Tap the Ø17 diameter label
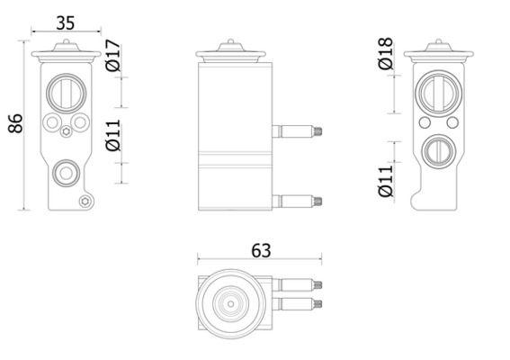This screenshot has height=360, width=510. click(x=113, y=56)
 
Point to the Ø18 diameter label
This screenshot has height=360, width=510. click(x=386, y=56)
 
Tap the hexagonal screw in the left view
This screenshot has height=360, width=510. click(x=67, y=135)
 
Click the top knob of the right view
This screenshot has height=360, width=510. click(x=438, y=43)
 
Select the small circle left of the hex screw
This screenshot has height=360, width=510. click(x=53, y=121)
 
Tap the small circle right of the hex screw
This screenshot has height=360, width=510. click(x=79, y=121)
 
